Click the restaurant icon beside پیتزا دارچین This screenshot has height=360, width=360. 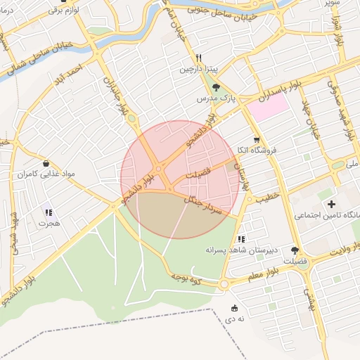point(200,58)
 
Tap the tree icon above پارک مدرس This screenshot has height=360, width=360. point(216,88)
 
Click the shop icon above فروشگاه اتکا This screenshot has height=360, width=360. point(257,139)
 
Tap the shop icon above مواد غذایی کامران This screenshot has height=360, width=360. point(46,162)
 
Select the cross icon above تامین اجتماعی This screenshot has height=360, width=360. point(331,204)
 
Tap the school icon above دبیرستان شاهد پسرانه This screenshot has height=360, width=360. point(242,239)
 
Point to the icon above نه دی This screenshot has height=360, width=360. point(234,308)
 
